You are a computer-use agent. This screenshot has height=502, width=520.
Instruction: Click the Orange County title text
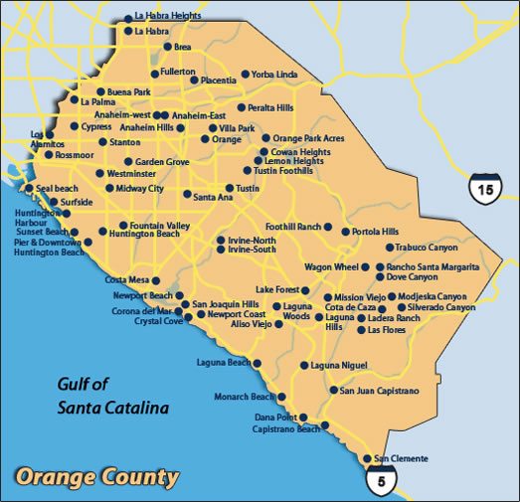[x=97, y=476]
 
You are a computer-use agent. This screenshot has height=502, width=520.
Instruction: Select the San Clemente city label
[x=403, y=458]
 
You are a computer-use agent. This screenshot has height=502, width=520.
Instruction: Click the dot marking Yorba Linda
[x=245, y=75]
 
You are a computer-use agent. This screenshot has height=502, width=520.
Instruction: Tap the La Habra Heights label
[x=168, y=17]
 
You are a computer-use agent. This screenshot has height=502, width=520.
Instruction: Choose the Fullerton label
[x=178, y=72]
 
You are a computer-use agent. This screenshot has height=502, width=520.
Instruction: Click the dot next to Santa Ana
[x=187, y=195]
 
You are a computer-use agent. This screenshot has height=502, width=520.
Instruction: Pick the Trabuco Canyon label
[x=427, y=247]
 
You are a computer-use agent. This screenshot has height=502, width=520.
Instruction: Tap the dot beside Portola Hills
[x=345, y=233]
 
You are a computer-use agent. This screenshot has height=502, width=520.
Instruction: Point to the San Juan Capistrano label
[x=379, y=391]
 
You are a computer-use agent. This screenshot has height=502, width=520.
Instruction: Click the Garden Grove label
[x=162, y=161]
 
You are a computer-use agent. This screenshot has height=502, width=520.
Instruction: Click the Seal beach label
[x=57, y=188]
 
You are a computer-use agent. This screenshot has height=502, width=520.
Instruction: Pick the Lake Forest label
[x=277, y=289]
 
